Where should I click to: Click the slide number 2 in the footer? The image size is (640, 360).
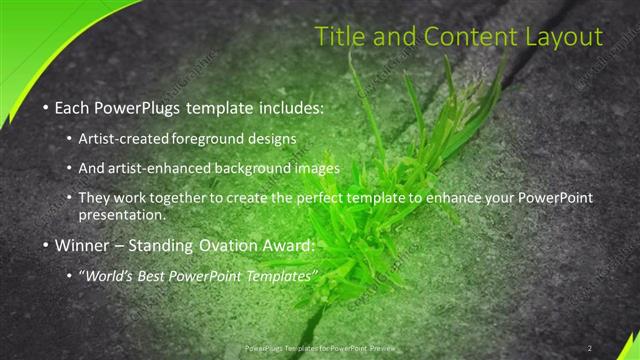click(x=589, y=347)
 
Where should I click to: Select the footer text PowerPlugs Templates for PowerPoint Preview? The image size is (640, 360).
click(x=315, y=347)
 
